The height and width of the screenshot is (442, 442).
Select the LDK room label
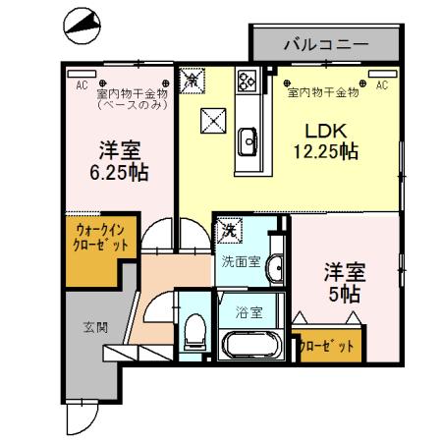pyautogui.click(x=324, y=132)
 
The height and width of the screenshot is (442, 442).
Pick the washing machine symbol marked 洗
pyautogui.click(x=229, y=230)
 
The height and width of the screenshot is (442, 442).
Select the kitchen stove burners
pyautogui.click(x=247, y=81)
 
